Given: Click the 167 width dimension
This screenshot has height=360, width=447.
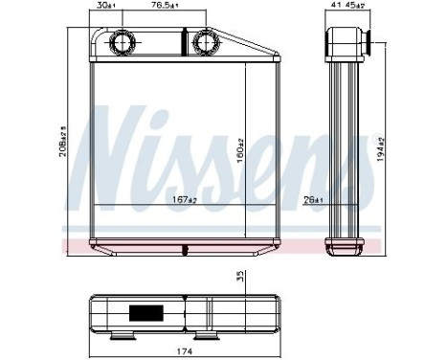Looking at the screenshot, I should click(185, 199).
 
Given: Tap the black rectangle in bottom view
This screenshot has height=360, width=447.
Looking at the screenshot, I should click(146, 311).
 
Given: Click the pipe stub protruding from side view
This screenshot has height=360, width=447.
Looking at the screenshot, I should click(365, 42).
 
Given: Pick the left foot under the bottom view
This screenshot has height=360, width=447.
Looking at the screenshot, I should click(123, 334).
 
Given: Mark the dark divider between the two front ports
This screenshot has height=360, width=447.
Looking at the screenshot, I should click(182, 42).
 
